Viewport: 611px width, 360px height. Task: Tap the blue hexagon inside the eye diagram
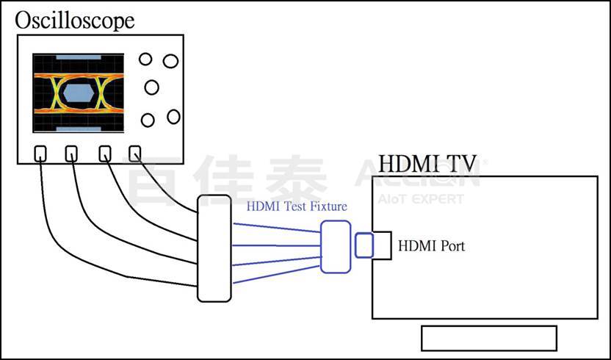(76, 92)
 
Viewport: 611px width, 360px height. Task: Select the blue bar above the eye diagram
(76, 56)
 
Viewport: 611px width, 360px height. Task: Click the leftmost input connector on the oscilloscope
(41, 154)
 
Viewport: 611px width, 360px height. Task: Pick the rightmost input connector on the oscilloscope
(134, 153)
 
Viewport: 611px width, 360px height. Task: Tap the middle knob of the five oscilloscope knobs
(152, 87)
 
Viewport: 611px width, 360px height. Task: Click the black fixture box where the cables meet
(214, 247)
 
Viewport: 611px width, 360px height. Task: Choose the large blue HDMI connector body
(335, 247)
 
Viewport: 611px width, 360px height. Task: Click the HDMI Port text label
(431, 245)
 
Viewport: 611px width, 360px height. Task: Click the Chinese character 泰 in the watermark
(297, 180)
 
